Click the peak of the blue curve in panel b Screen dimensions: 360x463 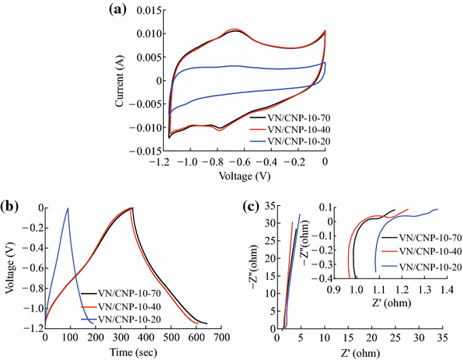pyautogui.click(x=68, y=208)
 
